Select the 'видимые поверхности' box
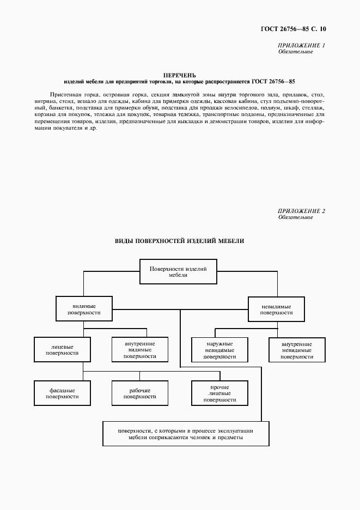click(83, 309)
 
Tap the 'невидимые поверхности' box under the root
click(276, 309)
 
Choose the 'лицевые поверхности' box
click(62, 349)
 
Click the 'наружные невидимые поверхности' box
click(219, 350)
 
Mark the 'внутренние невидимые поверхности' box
click(297, 350)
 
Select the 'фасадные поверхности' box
click(62, 393)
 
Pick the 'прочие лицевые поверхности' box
click(219, 393)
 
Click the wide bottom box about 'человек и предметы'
click(186, 434)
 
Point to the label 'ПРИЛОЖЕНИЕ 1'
click(302, 46)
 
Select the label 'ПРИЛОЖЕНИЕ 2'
click(302, 211)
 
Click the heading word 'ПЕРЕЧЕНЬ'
click(179, 75)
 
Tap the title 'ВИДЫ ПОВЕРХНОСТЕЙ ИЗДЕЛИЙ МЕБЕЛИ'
click(179, 240)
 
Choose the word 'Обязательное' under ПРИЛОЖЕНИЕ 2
click(295, 217)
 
